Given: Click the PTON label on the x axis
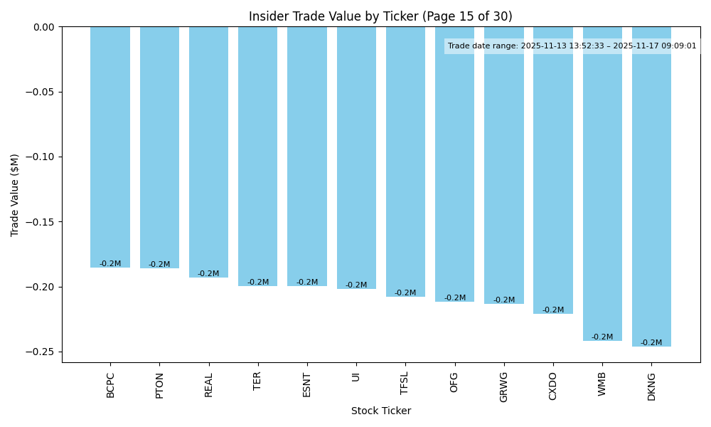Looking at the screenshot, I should [159, 385].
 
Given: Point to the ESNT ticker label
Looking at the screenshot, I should [307, 384].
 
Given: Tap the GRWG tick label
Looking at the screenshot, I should [504, 386].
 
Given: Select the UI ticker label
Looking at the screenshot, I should [356, 376].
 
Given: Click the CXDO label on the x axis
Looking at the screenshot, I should [553, 386].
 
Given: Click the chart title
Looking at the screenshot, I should [380, 16].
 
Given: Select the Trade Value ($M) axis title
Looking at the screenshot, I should [15, 195].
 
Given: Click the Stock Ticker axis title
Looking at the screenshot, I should [380, 411].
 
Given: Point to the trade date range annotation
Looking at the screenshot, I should [572, 46].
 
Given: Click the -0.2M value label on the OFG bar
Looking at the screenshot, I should [455, 298].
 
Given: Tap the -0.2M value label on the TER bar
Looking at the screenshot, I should [258, 283].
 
